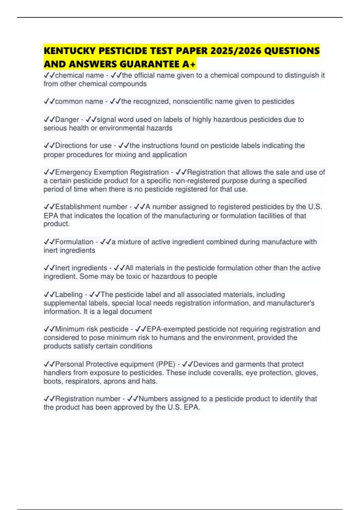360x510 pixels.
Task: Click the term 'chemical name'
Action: (79, 75)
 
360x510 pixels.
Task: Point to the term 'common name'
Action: (79, 101)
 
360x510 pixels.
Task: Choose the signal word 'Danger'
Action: (67, 119)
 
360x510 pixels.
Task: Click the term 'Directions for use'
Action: (83, 145)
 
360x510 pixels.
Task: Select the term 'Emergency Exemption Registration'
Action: (112, 172)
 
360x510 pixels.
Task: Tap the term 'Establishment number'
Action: (91, 207)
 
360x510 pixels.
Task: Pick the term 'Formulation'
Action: (74, 242)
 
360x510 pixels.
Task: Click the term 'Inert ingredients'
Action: (81, 268)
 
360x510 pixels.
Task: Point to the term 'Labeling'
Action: (69, 295)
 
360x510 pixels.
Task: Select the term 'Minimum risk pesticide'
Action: (92, 329)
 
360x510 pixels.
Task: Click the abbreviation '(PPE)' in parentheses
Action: (165, 364)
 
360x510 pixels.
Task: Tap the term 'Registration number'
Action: (88, 399)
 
